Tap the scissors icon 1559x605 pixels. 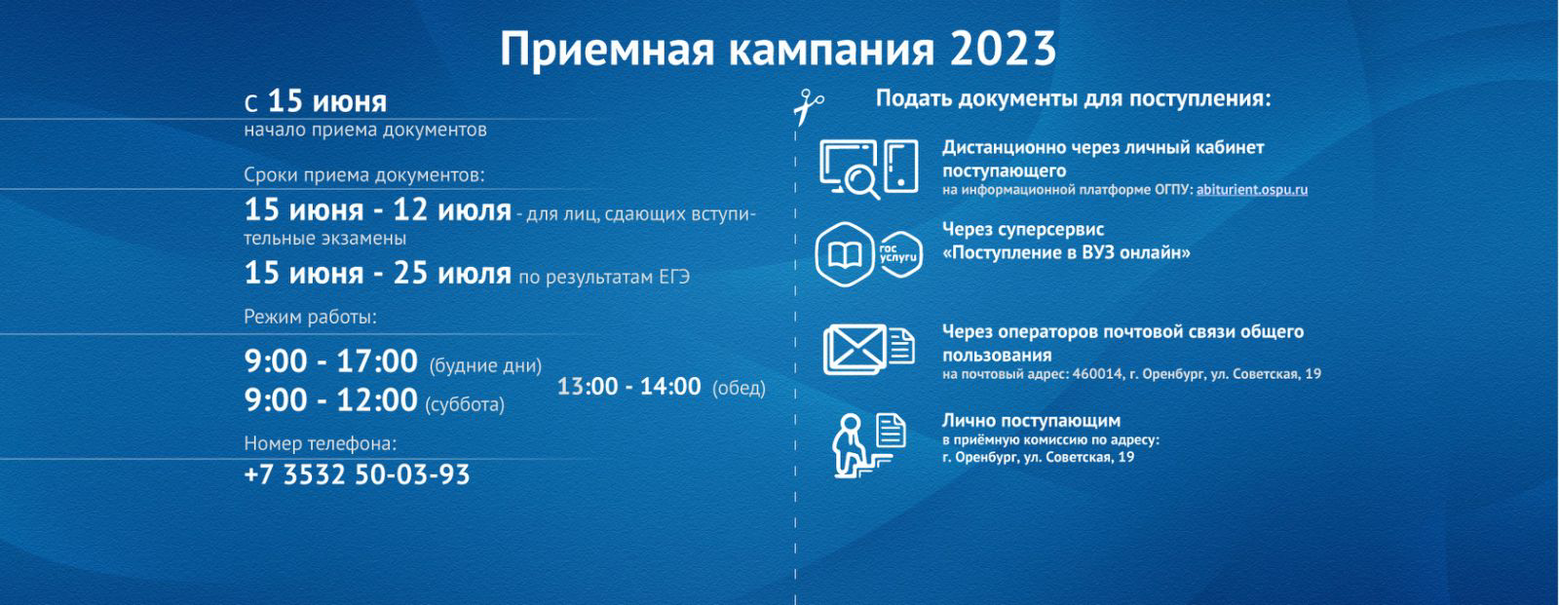click(808, 106)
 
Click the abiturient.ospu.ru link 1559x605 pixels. click(1251, 189)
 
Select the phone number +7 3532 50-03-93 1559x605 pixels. click(357, 474)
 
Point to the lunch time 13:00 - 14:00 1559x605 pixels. click(628, 387)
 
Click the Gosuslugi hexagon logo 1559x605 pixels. click(899, 255)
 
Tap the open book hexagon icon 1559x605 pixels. click(844, 255)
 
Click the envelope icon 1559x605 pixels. click(855, 350)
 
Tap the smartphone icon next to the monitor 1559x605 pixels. click(901, 167)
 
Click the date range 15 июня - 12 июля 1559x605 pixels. click(378, 210)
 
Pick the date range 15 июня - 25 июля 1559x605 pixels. click(378, 274)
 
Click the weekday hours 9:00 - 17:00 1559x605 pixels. click(330, 362)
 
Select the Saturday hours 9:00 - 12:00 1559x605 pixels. click(330, 401)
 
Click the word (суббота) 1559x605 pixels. click(465, 404)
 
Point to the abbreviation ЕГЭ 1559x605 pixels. click(674, 277)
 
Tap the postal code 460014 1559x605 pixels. click(1097, 374)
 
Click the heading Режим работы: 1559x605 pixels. click(310, 318)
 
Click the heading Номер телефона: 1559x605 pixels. click(321, 443)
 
